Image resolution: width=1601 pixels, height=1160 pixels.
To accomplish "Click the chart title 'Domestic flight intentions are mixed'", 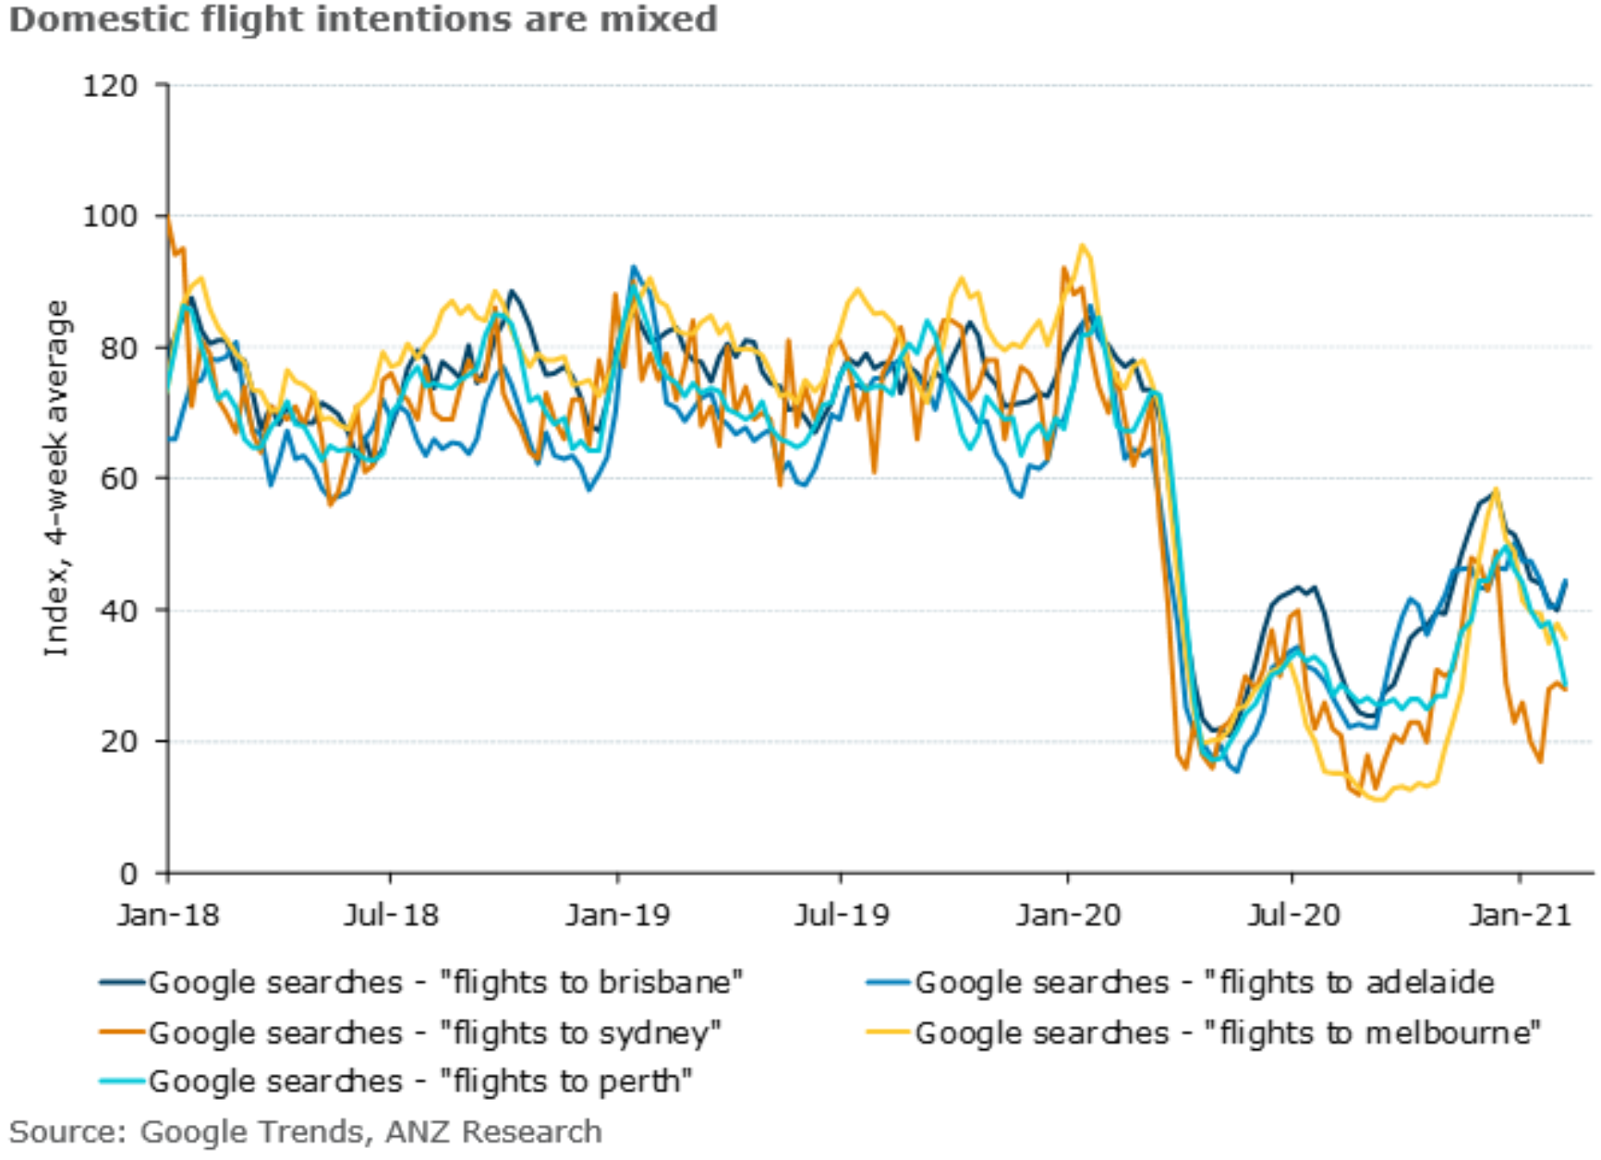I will [362, 19].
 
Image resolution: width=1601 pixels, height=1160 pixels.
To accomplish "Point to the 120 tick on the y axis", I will [110, 87].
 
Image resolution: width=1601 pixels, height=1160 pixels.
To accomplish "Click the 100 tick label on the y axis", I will [110, 217].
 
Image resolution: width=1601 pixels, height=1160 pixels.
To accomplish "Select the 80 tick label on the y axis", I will [118, 349].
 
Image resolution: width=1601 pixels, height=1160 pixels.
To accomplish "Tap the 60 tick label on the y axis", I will [118, 479].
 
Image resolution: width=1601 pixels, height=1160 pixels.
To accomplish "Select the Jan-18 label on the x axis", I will [168, 915].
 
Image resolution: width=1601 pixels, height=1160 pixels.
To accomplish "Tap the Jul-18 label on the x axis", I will [391, 915].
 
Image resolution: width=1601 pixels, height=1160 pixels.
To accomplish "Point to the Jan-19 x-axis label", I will [618, 915].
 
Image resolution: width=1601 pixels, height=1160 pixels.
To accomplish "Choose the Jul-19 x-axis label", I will [842, 915].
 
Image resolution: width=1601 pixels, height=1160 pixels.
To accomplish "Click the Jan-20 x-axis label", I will [1068, 915].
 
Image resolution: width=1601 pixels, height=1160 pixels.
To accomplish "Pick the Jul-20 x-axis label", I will [1292, 915].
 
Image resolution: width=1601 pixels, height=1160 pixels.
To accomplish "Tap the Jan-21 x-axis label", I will [1520, 915].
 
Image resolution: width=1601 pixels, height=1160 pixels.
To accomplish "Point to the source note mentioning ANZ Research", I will [306, 1132].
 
